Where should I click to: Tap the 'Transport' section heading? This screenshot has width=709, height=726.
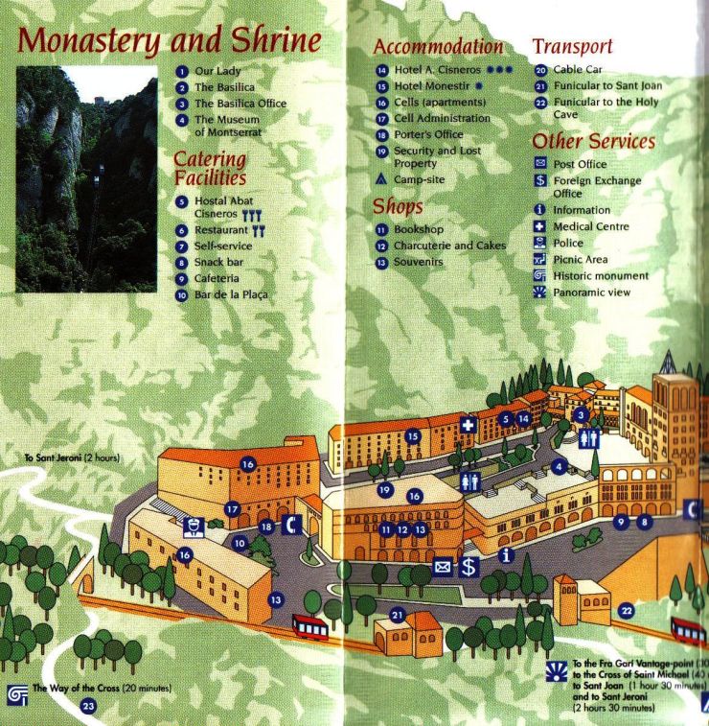point(572,46)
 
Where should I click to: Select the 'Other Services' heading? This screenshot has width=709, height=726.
point(593,142)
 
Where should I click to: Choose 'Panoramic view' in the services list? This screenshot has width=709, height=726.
point(592,293)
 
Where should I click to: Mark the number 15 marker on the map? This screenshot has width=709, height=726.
point(412,436)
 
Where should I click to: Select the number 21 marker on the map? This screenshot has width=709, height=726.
point(397,614)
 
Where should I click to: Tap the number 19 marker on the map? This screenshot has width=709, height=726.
point(384,490)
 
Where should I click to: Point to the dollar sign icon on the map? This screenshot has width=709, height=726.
point(469,566)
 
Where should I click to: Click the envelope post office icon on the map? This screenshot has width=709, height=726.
point(443,566)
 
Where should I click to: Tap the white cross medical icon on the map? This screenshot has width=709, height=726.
point(469,425)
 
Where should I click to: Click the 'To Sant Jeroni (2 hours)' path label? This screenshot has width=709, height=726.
point(74,458)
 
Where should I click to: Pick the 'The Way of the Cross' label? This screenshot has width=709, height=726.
point(87,689)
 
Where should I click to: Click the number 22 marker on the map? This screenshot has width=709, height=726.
point(627,610)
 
